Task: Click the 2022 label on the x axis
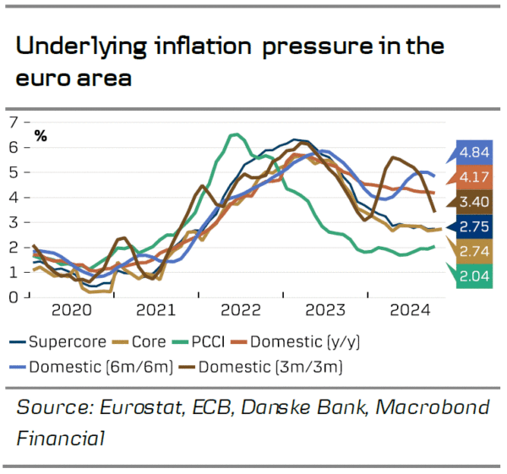(x=240, y=310)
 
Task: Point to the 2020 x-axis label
(x=70, y=310)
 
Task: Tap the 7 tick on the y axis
(x=13, y=123)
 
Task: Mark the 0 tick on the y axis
(x=13, y=297)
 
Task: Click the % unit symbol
(x=41, y=136)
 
